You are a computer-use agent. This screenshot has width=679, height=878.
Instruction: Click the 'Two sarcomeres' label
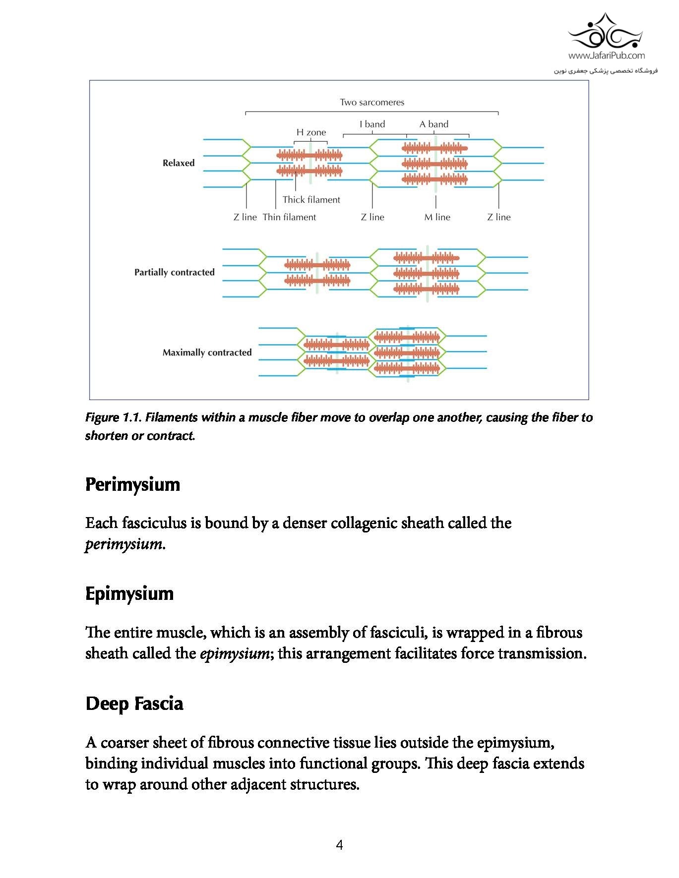click(x=371, y=102)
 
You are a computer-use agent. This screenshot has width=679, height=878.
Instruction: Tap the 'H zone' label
click(x=311, y=132)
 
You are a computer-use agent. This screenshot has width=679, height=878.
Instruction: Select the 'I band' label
click(x=372, y=124)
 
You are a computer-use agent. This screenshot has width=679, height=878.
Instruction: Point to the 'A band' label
click(x=433, y=124)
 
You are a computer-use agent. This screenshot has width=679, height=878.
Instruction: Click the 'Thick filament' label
click(x=311, y=199)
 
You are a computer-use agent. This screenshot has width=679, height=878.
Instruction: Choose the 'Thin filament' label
click(x=289, y=217)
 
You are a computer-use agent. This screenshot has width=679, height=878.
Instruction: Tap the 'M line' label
click(x=437, y=217)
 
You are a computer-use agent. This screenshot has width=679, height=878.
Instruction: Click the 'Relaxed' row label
click(x=179, y=163)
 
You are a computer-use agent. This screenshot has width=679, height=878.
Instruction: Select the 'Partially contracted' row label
click(x=174, y=272)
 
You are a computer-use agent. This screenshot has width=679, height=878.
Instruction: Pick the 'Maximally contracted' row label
click(x=207, y=352)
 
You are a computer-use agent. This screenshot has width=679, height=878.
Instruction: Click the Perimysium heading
click(x=132, y=484)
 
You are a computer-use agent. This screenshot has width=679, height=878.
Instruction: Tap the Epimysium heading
click(x=129, y=593)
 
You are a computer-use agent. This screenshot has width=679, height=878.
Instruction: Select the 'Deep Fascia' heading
click(x=134, y=703)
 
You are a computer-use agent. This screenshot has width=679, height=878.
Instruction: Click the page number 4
click(x=339, y=845)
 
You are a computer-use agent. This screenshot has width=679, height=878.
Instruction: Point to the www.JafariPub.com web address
click(x=606, y=56)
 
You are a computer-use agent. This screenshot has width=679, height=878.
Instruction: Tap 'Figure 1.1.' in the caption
click(x=114, y=417)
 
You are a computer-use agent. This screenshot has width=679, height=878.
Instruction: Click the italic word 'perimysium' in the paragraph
click(x=123, y=544)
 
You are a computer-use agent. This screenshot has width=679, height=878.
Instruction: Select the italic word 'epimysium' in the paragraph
click(x=234, y=653)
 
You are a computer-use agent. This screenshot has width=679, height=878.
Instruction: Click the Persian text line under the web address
click(x=606, y=70)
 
